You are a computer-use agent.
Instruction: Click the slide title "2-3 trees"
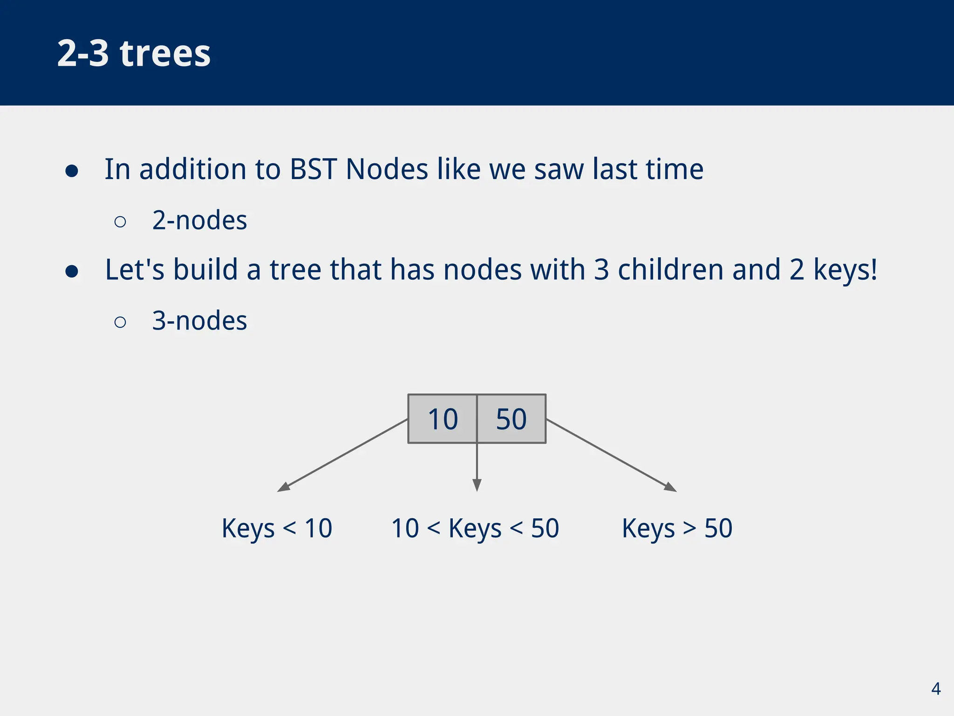(134, 53)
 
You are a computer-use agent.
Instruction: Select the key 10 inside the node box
(443, 419)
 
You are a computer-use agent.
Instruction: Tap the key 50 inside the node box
(511, 419)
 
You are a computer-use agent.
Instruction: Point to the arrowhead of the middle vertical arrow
(477, 485)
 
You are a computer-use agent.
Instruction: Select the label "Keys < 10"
(277, 529)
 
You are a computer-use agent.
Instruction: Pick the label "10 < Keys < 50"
(475, 529)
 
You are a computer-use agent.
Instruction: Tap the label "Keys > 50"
(677, 529)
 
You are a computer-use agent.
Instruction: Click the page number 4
(935, 688)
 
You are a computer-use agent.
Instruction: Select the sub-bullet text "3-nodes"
(199, 321)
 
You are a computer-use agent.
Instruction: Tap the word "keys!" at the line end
(845, 270)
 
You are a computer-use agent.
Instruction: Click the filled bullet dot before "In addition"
(72, 171)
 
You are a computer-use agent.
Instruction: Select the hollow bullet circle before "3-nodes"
(120, 322)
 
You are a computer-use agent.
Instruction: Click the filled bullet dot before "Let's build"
(72, 271)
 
